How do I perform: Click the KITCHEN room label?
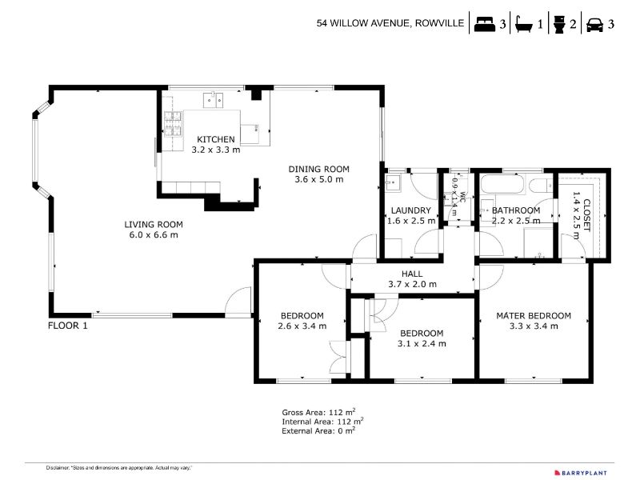coord(216,139)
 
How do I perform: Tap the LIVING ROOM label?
coord(154,224)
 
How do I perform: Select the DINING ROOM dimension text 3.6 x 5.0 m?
coord(319,179)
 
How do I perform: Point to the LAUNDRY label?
coord(411,210)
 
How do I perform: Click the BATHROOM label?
coord(516,210)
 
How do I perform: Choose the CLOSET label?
coord(586,215)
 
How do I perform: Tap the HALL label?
coord(412,274)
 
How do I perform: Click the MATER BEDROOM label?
coord(534,315)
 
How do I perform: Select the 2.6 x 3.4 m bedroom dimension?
coord(302,326)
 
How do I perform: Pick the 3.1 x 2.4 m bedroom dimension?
coord(422,344)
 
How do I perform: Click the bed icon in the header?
coord(485,24)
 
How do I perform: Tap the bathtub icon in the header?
coord(524,24)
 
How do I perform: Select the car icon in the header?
coord(594,26)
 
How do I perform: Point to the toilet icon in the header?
coord(559,24)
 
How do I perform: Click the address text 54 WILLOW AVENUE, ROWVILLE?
coord(390,23)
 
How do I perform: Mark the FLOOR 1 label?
coord(68,326)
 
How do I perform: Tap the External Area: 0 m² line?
coord(318,430)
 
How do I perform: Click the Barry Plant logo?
coord(581,473)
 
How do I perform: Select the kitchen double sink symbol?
coord(214,99)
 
